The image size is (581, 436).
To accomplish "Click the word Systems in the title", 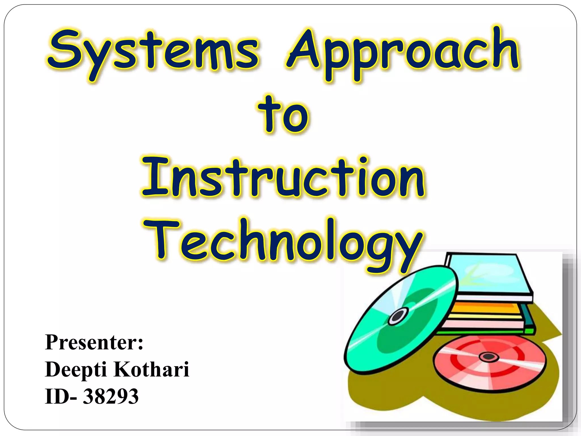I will (x=153, y=53).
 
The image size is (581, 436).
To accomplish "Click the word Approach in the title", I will (x=403, y=53).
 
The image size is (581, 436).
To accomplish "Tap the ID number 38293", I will (x=111, y=396).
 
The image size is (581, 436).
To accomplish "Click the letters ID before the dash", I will (x=57, y=396).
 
